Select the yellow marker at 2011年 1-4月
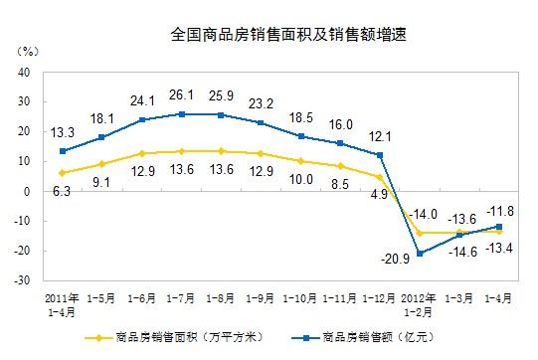[x=63, y=173]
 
